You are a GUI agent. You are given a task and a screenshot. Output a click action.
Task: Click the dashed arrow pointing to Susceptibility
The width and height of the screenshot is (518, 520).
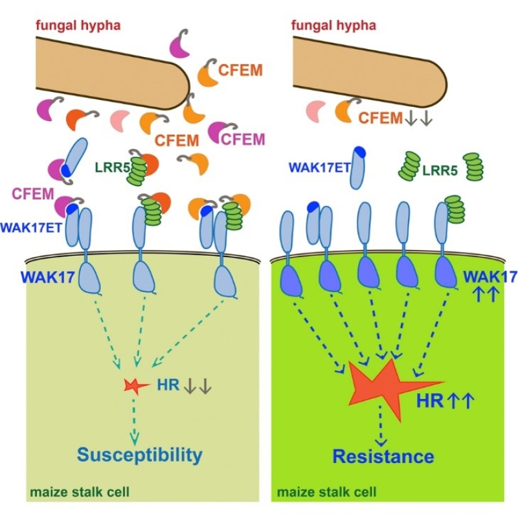[x=135, y=418]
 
